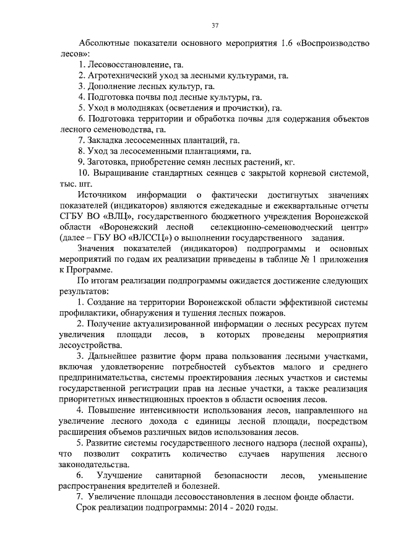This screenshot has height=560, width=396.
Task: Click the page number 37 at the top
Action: (215, 25)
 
